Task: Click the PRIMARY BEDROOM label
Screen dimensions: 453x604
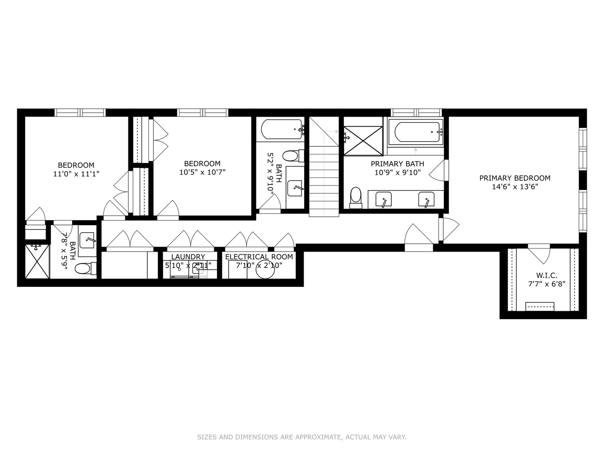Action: coord(515,178)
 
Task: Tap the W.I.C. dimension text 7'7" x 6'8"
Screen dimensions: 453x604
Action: coord(547,284)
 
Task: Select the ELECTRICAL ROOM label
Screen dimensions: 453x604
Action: coord(259,257)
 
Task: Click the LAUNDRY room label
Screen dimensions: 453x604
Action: coord(188,257)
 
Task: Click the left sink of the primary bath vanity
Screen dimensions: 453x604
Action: coord(383,199)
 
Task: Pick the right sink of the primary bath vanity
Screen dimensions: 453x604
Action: coord(426,199)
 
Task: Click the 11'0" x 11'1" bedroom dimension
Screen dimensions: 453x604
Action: coord(76,174)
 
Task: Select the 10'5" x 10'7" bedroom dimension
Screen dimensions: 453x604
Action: coord(202,172)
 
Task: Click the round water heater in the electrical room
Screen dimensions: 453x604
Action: coord(265,271)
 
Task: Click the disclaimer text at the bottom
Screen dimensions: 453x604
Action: coord(302,437)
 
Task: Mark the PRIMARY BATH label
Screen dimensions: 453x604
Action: coord(397,164)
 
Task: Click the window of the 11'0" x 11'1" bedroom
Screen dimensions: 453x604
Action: coord(80,112)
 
